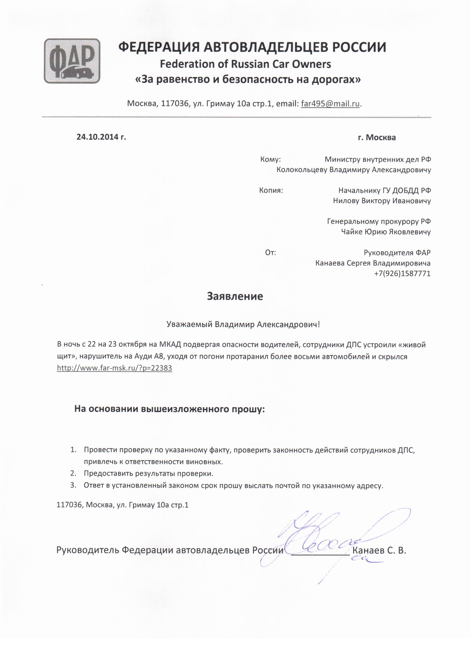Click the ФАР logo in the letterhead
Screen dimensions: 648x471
click(72, 61)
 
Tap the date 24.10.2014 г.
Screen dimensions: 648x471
click(101, 137)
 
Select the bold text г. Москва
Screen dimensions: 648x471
click(377, 137)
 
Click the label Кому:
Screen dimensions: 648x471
click(270, 159)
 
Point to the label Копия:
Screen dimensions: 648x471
click(271, 190)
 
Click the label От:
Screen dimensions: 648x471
click(271, 253)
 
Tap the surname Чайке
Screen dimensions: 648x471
click(351, 232)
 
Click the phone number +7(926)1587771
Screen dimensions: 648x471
click(402, 273)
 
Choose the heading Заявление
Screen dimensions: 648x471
click(235, 296)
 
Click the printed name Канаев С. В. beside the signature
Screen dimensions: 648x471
click(379, 551)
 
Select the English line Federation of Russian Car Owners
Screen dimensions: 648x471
click(245, 64)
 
